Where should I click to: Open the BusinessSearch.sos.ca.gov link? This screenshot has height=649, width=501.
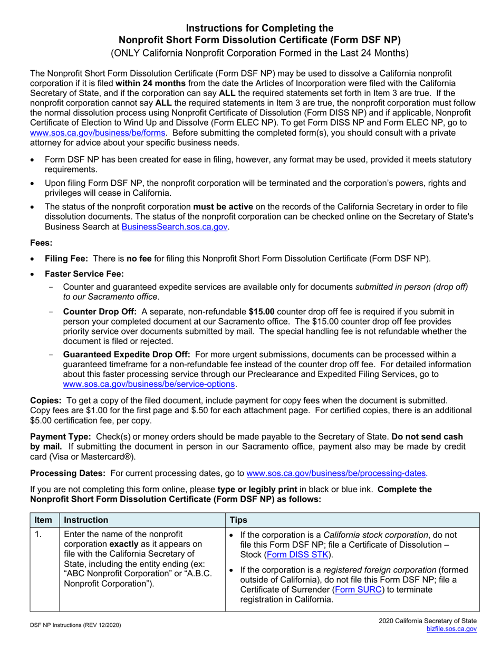[x=175, y=226]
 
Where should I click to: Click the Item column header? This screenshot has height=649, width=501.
[x=43, y=520]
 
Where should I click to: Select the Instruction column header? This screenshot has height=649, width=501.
[x=86, y=520]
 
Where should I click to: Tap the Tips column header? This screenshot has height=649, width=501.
[x=238, y=520]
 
